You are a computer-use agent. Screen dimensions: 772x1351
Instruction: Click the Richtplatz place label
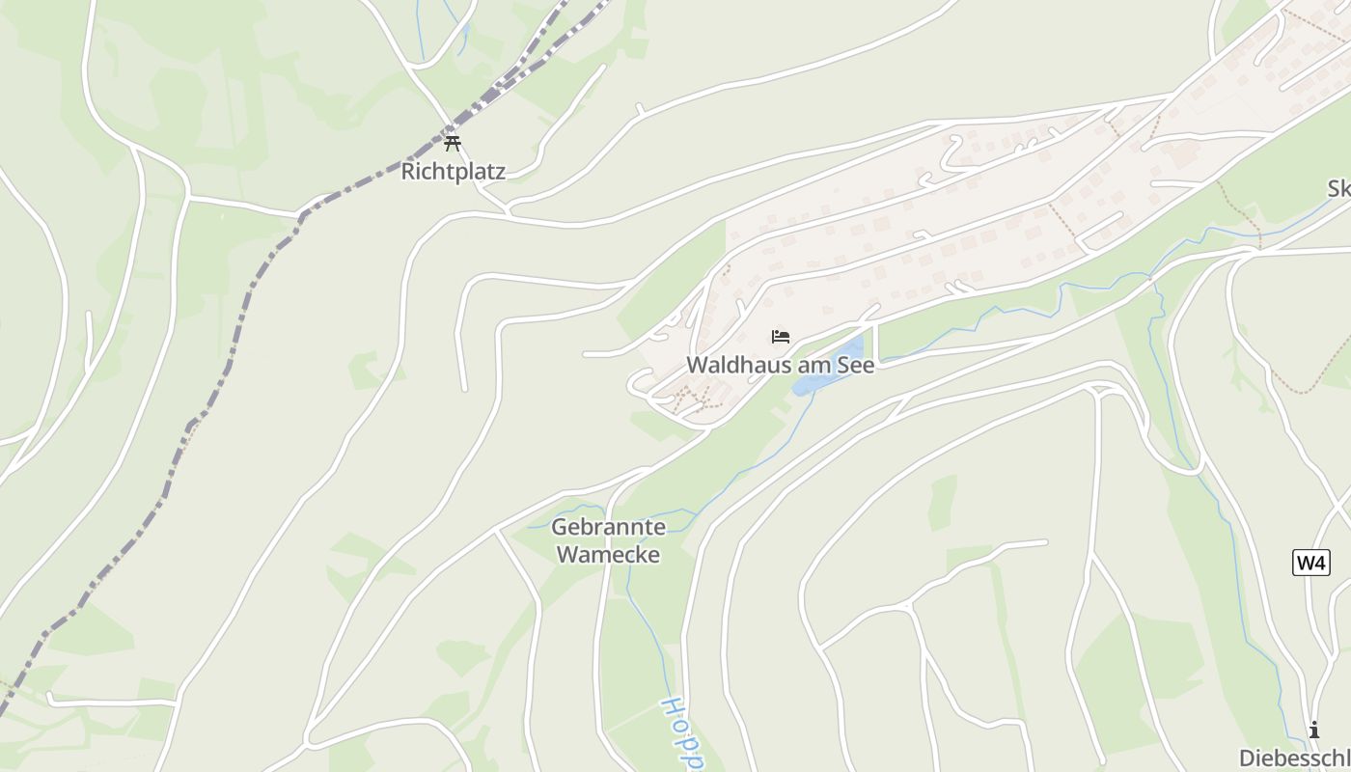pos(453,172)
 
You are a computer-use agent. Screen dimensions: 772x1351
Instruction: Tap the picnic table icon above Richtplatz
pos(453,145)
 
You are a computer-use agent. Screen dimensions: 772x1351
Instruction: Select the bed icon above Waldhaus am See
pos(781,337)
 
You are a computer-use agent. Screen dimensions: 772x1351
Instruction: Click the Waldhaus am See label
pos(780,365)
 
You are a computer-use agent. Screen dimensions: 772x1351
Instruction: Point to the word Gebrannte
pos(608,528)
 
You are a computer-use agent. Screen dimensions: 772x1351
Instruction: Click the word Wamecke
pos(608,554)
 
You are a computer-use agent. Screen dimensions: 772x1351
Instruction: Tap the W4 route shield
pos(1311,563)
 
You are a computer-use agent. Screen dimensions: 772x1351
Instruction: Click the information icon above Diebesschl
pos(1313,731)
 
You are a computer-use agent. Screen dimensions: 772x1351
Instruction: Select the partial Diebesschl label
pos(1294,757)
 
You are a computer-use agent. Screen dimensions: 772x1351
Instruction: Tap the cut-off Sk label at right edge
pos(1338,189)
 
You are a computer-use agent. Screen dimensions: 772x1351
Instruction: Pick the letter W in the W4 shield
pos(1306,563)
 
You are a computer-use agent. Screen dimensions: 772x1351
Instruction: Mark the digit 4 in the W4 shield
pos(1321,563)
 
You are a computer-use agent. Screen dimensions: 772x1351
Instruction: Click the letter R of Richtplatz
pos(407,172)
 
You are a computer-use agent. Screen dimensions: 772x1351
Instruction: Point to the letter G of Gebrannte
pos(559,528)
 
